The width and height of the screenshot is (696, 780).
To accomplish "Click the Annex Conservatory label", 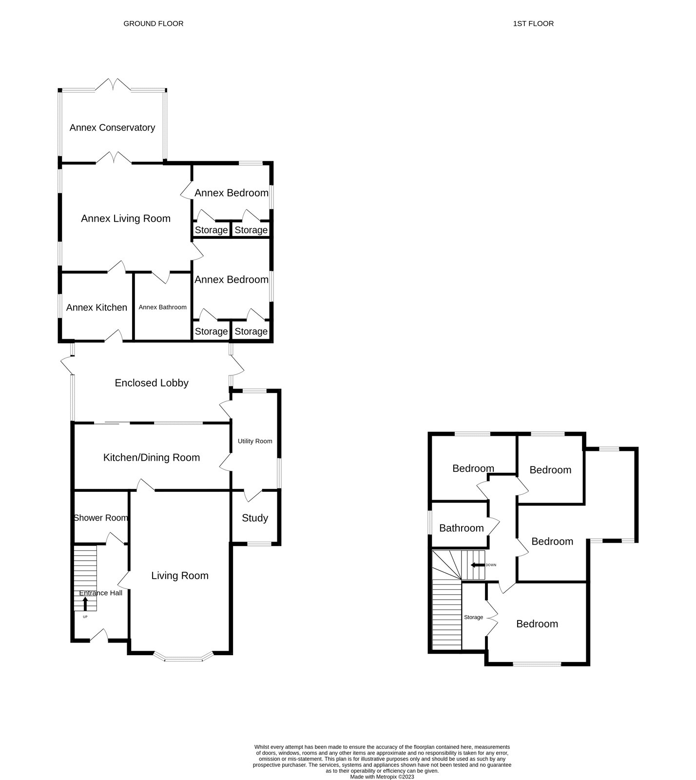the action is tap(112, 128).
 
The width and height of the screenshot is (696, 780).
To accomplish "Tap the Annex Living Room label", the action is tap(126, 219).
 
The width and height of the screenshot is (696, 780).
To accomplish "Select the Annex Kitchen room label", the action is tap(97, 308).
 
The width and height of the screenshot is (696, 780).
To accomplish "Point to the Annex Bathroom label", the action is tap(162, 307).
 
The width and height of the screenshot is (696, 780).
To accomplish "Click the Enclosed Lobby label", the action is tap(152, 383).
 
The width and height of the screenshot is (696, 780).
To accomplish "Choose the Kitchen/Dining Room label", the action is tap(152, 458).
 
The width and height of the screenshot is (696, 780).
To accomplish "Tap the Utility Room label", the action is tap(255, 441).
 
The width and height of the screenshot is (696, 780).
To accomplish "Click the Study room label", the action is tap(255, 518).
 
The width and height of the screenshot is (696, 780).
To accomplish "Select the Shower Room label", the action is tap(101, 518).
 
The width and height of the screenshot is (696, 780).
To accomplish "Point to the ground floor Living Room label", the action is tap(180, 576).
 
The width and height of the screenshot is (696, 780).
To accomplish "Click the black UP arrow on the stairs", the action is tap(85, 604).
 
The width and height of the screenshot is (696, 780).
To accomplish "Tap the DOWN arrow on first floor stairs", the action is tap(477, 565).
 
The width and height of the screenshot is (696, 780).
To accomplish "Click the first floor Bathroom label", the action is tap(461, 528).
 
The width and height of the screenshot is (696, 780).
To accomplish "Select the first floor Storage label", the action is tap(473, 617).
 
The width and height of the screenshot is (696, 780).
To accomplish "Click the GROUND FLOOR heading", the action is tap(154, 23).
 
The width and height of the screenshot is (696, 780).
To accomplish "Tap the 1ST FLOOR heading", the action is tap(533, 23).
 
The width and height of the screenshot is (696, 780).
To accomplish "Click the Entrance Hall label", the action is tap(101, 593).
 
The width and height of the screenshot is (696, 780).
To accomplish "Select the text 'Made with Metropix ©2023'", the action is tap(382, 777).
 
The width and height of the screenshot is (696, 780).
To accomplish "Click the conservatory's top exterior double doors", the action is tap(113, 85).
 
